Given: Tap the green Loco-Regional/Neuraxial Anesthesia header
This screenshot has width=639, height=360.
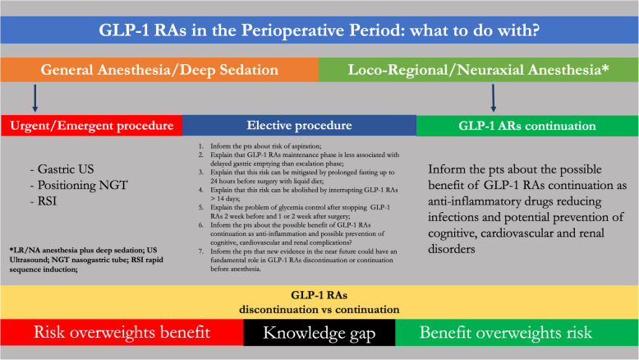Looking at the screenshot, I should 478,71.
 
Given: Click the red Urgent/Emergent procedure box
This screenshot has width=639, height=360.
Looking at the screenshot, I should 91,126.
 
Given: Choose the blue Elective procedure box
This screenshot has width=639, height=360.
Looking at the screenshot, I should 298,126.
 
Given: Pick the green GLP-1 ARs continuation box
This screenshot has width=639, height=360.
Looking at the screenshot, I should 526,126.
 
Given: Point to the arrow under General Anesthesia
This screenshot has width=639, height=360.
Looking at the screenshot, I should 34,99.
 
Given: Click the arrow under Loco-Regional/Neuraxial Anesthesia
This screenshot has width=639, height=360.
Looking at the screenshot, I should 494,99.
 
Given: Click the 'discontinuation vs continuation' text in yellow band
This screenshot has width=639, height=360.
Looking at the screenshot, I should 319,310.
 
